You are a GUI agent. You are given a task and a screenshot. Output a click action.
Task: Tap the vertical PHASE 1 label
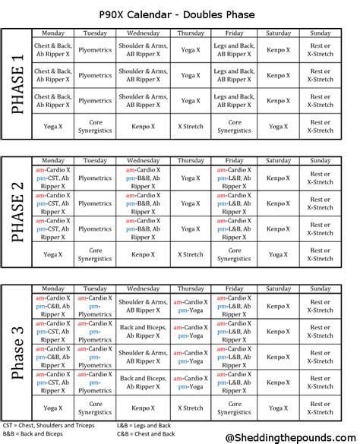pos(16,84)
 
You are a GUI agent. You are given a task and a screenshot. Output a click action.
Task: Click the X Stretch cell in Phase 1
pos(191,126)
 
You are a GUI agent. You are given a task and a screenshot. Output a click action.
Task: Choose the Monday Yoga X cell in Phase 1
pos(53,126)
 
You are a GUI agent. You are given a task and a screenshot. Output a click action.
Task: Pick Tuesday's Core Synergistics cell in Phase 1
pos(95,126)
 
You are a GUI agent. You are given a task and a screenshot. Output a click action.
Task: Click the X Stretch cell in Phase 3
pos(191,408)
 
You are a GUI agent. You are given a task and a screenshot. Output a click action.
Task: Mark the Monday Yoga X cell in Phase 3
pos(53,408)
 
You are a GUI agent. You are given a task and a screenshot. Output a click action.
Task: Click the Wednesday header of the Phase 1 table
pos(143,33)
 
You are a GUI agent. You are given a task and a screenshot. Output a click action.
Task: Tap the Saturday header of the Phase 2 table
pos(279,161)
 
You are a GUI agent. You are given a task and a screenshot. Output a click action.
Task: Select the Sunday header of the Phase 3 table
pos(320,288)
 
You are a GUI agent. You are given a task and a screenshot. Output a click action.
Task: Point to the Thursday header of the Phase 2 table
pos(191,161)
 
